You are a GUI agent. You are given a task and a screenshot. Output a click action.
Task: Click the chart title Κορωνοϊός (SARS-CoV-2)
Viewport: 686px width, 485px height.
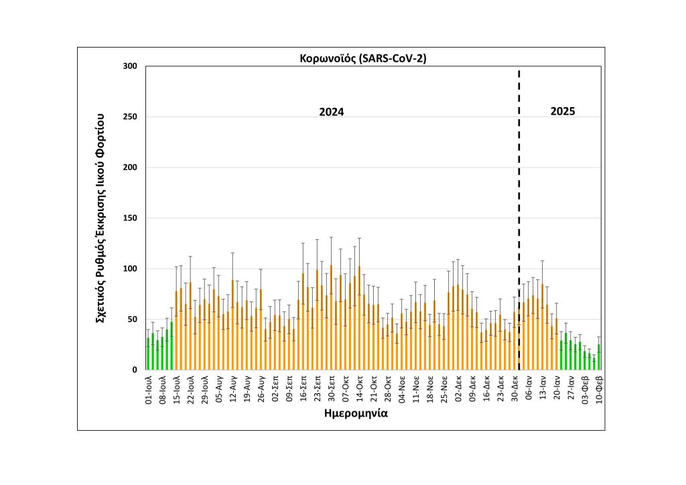click(362, 58)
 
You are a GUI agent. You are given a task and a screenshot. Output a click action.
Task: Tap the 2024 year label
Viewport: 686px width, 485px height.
click(331, 113)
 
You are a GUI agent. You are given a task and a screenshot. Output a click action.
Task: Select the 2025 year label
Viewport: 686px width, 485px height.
click(563, 111)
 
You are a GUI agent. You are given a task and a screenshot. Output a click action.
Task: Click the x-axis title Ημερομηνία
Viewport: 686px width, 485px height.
click(356, 413)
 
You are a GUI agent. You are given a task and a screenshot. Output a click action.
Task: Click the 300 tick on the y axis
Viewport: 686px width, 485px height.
click(129, 66)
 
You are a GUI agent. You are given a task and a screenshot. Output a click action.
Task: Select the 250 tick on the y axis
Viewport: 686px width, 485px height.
click(129, 117)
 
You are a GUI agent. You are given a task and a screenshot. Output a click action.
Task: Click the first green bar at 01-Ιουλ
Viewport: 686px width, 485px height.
click(148, 354)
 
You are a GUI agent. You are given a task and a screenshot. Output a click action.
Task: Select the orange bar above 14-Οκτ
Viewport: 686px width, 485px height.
click(360, 318)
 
